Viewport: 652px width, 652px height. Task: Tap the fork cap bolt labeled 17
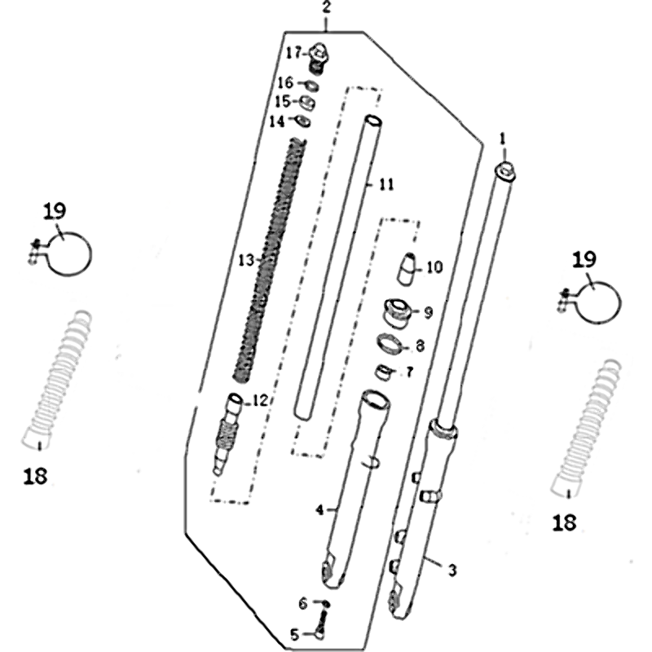(x=319, y=59)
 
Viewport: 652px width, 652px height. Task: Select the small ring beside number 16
(x=312, y=86)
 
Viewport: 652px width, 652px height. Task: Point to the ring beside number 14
(x=303, y=121)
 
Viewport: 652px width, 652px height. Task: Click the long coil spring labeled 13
(x=271, y=261)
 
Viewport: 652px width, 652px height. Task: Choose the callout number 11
(x=386, y=185)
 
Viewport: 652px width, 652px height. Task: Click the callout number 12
(x=260, y=401)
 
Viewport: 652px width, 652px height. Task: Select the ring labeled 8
(x=390, y=344)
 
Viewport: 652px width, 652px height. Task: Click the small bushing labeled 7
(x=385, y=372)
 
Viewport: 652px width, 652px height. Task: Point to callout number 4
(x=319, y=510)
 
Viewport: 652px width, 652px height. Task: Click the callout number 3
(x=452, y=570)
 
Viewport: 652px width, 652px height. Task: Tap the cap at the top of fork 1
(x=505, y=172)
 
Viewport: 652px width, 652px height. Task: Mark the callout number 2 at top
(x=327, y=8)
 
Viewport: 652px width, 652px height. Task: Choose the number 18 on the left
(x=35, y=476)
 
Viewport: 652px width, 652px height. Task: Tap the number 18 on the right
(x=564, y=522)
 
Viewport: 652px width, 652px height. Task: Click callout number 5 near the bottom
(x=294, y=635)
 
